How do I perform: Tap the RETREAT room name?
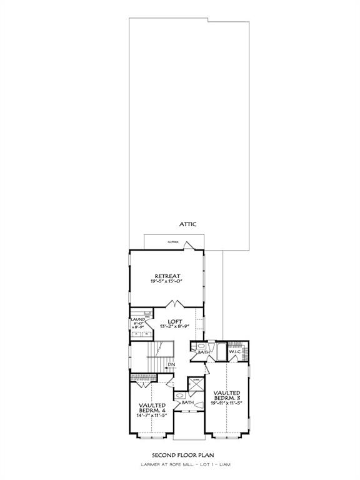click(x=167, y=276)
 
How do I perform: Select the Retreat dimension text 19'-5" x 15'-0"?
click(x=167, y=282)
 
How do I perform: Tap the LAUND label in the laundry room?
click(x=137, y=319)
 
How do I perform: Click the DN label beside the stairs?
click(x=171, y=364)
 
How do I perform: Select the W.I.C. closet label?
click(x=236, y=352)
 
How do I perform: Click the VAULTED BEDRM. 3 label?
click(x=227, y=395)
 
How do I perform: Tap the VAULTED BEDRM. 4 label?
click(x=152, y=408)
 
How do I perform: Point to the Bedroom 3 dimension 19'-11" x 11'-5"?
click(x=227, y=404)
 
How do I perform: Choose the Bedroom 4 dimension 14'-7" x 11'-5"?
click(x=152, y=416)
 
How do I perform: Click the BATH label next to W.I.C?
click(x=204, y=352)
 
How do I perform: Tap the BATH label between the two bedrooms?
click(x=187, y=402)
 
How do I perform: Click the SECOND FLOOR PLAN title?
click(x=180, y=456)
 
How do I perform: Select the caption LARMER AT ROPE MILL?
click(x=161, y=466)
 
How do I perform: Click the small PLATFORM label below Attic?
click(x=173, y=241)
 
